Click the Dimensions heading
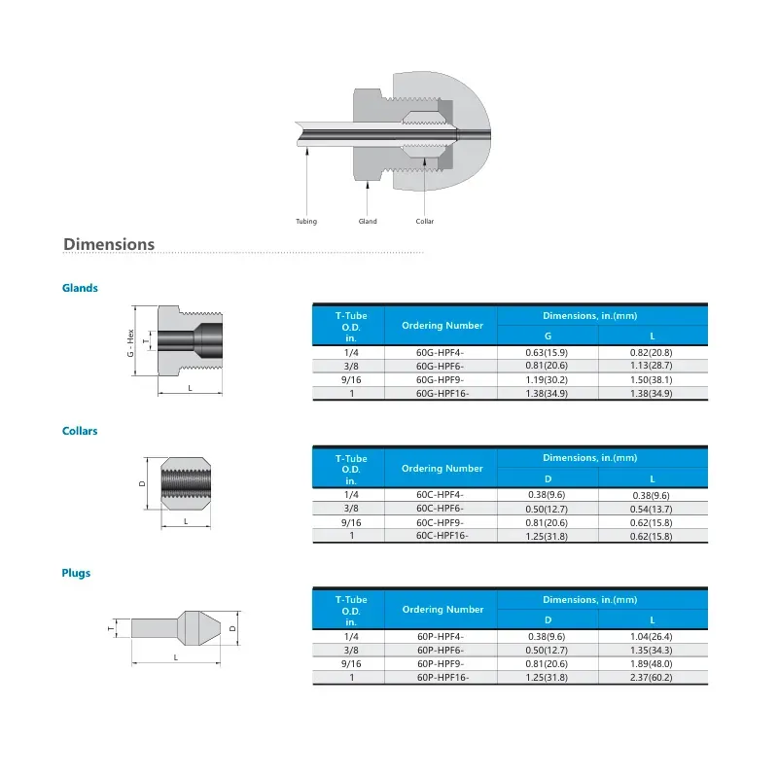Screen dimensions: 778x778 [109, 244]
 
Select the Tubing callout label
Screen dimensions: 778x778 [306, 222]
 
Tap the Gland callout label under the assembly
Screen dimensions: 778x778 [368, 222]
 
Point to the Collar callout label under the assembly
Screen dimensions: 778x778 [424, 222]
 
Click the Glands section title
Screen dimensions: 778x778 [80, 288]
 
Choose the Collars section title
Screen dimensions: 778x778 [80, 431]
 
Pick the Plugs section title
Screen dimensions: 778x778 [76, 573]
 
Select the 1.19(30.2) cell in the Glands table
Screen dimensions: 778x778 [547, 379]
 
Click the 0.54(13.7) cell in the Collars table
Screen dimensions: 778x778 [653, 509]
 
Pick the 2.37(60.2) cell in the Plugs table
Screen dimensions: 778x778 [653, 677]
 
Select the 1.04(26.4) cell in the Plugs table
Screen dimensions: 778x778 [653, 636]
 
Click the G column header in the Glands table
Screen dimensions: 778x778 [547, 336]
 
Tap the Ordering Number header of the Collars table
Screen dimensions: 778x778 [442, 468]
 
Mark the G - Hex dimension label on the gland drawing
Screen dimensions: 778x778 [130, 342]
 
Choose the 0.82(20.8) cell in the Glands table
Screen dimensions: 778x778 [653, 352]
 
